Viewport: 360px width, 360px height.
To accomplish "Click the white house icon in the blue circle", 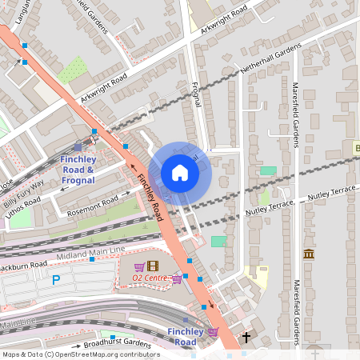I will (180, 173).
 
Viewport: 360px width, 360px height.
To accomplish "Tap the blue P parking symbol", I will (56, 280).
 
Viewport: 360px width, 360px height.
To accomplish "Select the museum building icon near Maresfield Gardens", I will (309, 254).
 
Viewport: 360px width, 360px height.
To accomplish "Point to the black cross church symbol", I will (246, 338).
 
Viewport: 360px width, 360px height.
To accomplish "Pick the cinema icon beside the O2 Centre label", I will (153, 266).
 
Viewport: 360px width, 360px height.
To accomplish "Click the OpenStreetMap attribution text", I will (80, 354).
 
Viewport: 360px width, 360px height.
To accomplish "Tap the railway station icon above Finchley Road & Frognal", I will (77, 146).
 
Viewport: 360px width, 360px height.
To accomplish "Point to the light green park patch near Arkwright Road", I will (72, 69).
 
